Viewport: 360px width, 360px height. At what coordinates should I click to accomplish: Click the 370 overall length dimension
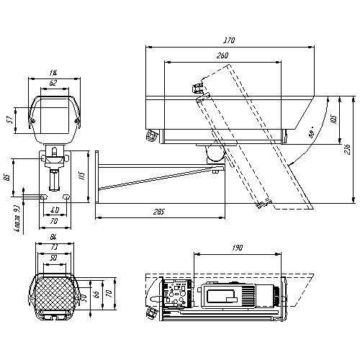tap(230, 41)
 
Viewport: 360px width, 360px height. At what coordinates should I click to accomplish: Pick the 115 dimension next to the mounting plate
tap(83, 175)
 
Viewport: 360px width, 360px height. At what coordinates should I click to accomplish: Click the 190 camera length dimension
tap(238, 248)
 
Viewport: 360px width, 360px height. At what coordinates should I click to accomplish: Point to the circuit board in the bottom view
tap(176, 295)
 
